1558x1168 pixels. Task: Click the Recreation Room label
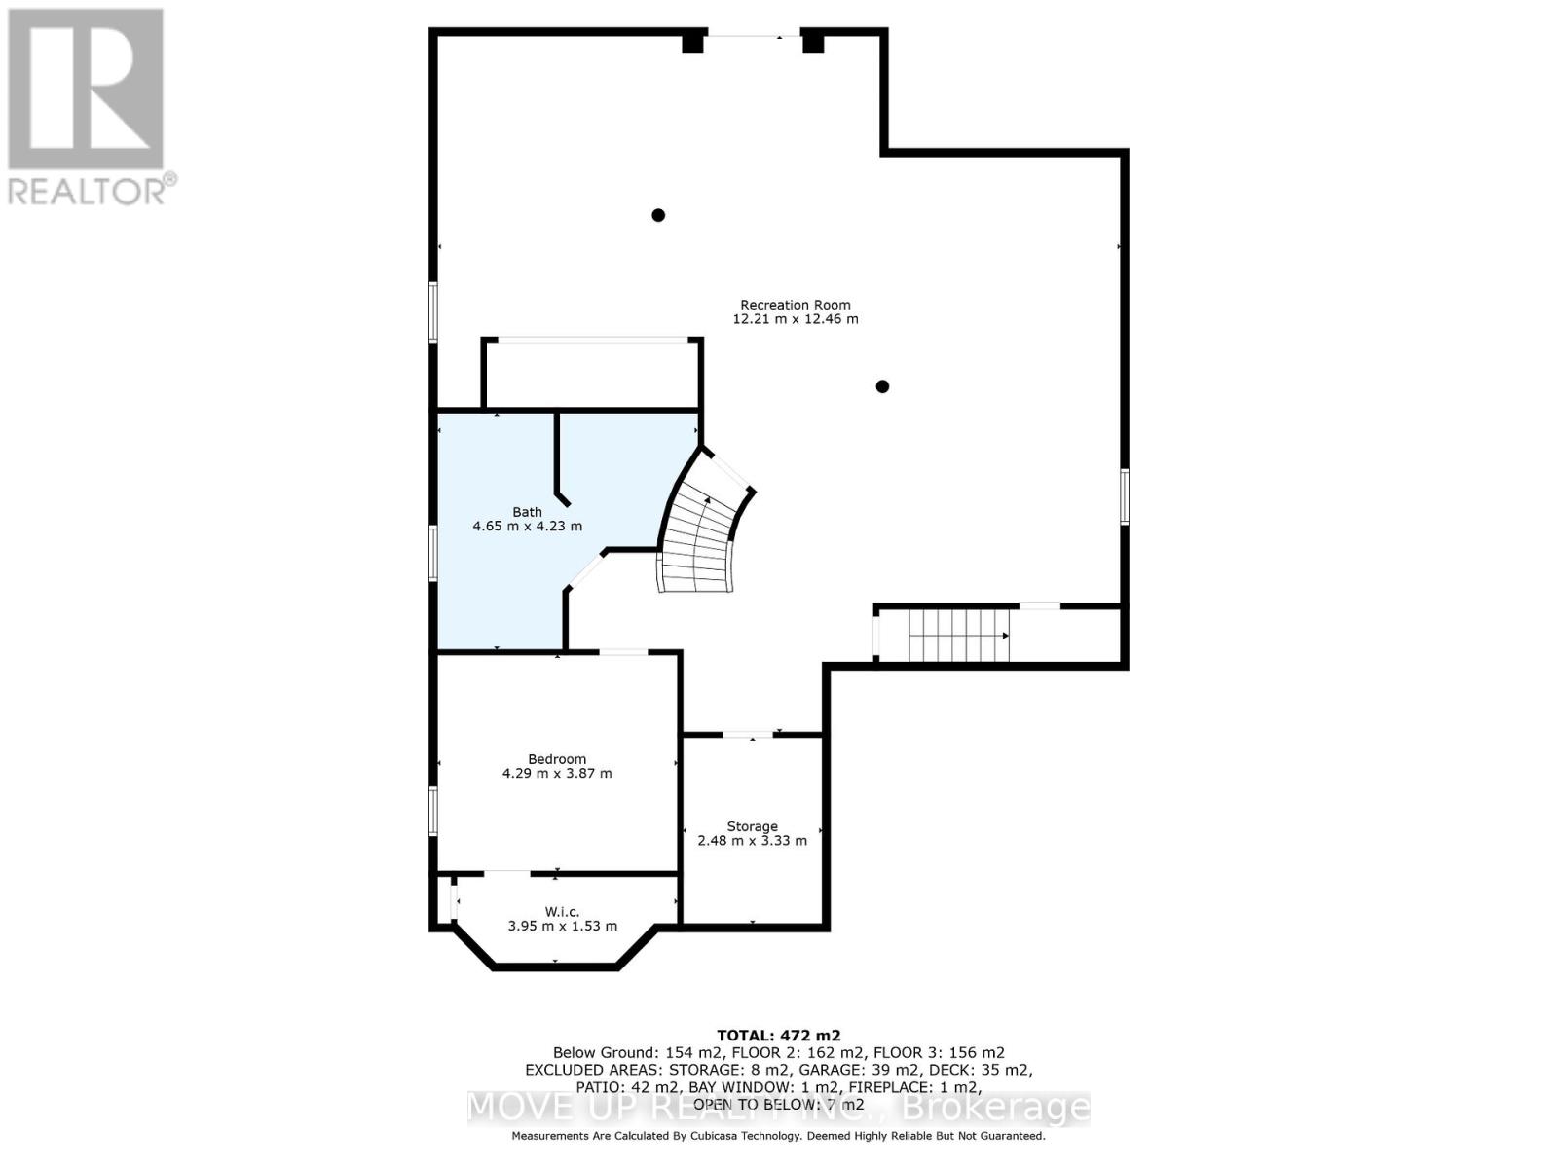coord(795,305)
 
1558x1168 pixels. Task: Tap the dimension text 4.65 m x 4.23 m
coord(527,527)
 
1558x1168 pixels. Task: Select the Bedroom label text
coord(557,759)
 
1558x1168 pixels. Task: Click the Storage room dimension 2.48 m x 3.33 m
coord(752,841)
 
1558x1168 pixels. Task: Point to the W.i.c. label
coord(562,912)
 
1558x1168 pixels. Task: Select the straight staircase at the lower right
coord(958,635)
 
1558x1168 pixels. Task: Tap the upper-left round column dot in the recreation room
coord(658,215)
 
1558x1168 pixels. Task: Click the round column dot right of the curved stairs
coord(882,386)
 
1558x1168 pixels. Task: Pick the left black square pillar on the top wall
coord(692,42)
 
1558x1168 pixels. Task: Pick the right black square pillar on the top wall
coord(813,42)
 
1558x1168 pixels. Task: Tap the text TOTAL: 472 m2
coord(778,1036)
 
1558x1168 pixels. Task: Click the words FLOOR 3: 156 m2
coord(939,1052)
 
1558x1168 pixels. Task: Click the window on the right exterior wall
coord(1124,496)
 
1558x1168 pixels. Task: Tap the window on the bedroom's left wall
coord(433,811)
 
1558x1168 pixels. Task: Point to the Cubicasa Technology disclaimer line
coord(778,1136)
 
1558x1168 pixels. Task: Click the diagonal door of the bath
coord(586,570)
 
